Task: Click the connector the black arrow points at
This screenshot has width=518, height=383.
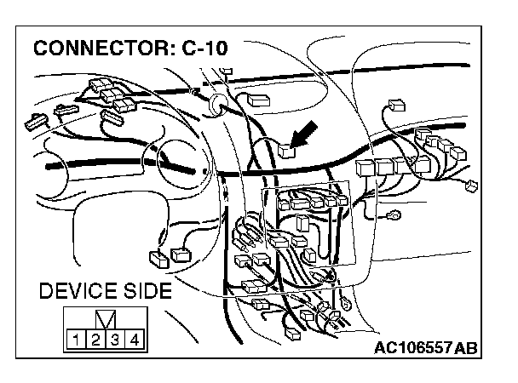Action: coord(286,151)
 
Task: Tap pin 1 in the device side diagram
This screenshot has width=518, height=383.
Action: coord(75,342)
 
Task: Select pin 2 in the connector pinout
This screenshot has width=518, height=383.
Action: coord(95,342)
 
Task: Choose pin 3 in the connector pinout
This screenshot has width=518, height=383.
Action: coord(115,342)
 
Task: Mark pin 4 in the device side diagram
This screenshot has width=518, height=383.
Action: coord(135,342)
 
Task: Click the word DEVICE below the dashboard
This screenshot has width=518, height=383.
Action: coord(78,292)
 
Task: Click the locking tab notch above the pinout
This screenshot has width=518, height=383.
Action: coord(105,322)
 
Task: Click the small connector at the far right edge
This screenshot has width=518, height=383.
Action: coord(466,188)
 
